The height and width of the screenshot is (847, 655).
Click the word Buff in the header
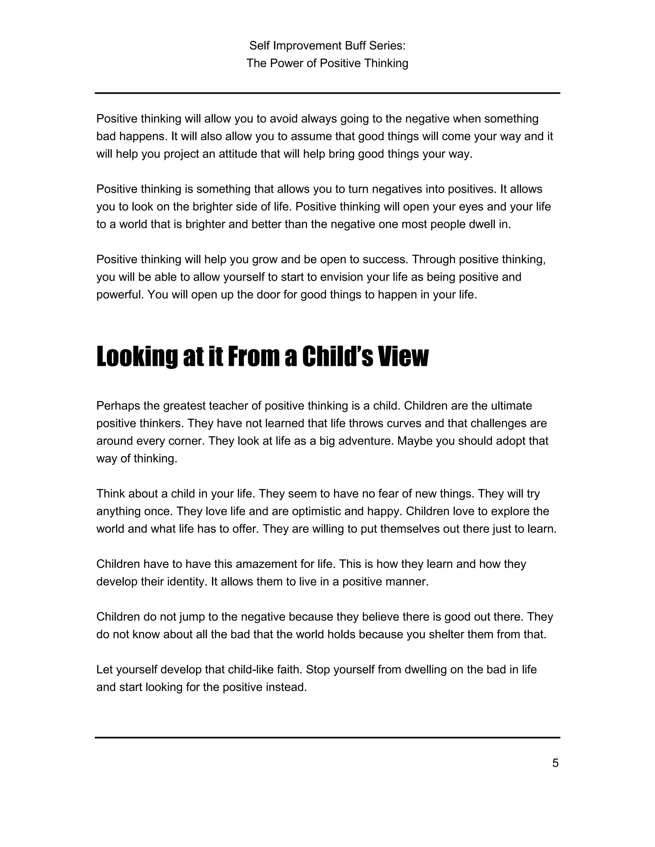353,46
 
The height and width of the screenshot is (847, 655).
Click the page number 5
555,763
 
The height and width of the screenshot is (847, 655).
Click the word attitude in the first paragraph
238,154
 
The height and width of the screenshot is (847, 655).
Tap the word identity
186,582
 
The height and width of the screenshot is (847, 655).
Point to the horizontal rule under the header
327,93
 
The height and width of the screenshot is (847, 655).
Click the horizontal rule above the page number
327,737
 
